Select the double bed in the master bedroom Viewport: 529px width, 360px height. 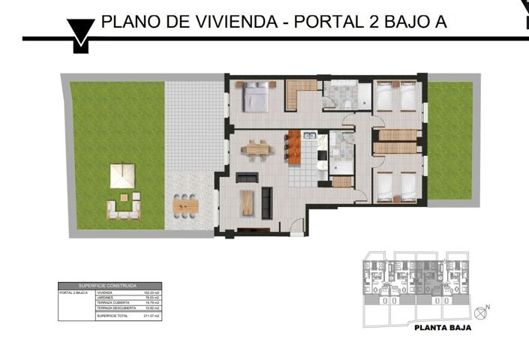pyautogui.click(x=255, y=97)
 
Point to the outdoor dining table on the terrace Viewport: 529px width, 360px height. pyautogui.click(x=185, y=204)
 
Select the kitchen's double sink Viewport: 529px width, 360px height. pyautogui.click(x=311, y=139)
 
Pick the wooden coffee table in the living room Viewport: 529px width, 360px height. pyautogui.click(x=247, y=202)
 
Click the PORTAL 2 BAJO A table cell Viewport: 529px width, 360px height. pyautogui.click(x=74, y=292)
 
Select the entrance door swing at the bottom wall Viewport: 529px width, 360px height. pyautogui.click(x=298, y=226)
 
